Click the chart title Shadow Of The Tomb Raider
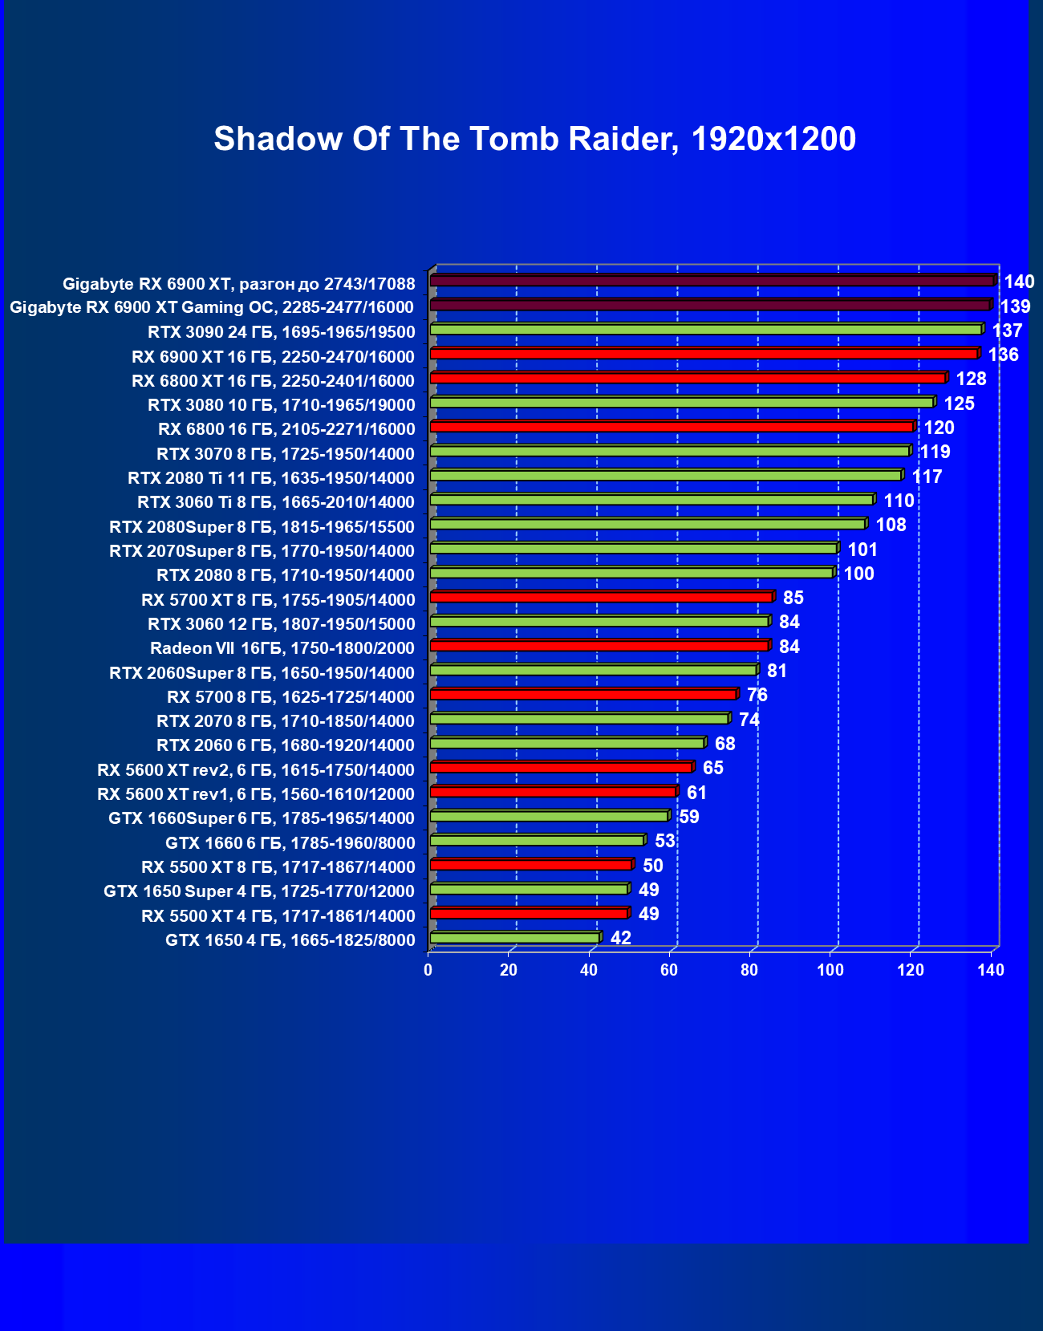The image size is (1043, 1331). [534, 140]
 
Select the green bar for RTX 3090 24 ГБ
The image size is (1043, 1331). [706, 330]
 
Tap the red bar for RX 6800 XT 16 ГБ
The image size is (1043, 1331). [688, 378]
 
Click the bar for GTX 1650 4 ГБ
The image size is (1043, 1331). [515, 938]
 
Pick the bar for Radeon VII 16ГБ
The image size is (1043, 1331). [599, 646]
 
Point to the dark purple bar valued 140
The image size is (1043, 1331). [712, 281]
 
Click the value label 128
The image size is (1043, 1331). [971, 379]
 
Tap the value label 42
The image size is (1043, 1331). [621, 938]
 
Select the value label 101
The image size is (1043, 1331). [862, 550]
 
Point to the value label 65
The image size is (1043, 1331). [712, 768]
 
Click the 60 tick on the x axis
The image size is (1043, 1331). [669, 970]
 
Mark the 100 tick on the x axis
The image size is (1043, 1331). [830, 970]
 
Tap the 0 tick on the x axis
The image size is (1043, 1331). [428, 970]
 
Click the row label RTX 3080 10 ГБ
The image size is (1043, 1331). [282, 405]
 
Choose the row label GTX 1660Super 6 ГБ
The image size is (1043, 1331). [262, 818]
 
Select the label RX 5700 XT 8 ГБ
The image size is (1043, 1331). [278, 600]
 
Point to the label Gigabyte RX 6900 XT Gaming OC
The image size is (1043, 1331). [212, 307]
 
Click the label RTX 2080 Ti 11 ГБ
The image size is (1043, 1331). [271, 478]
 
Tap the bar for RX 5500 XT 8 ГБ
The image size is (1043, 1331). [531, 865]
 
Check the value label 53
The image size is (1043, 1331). [665, 841]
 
